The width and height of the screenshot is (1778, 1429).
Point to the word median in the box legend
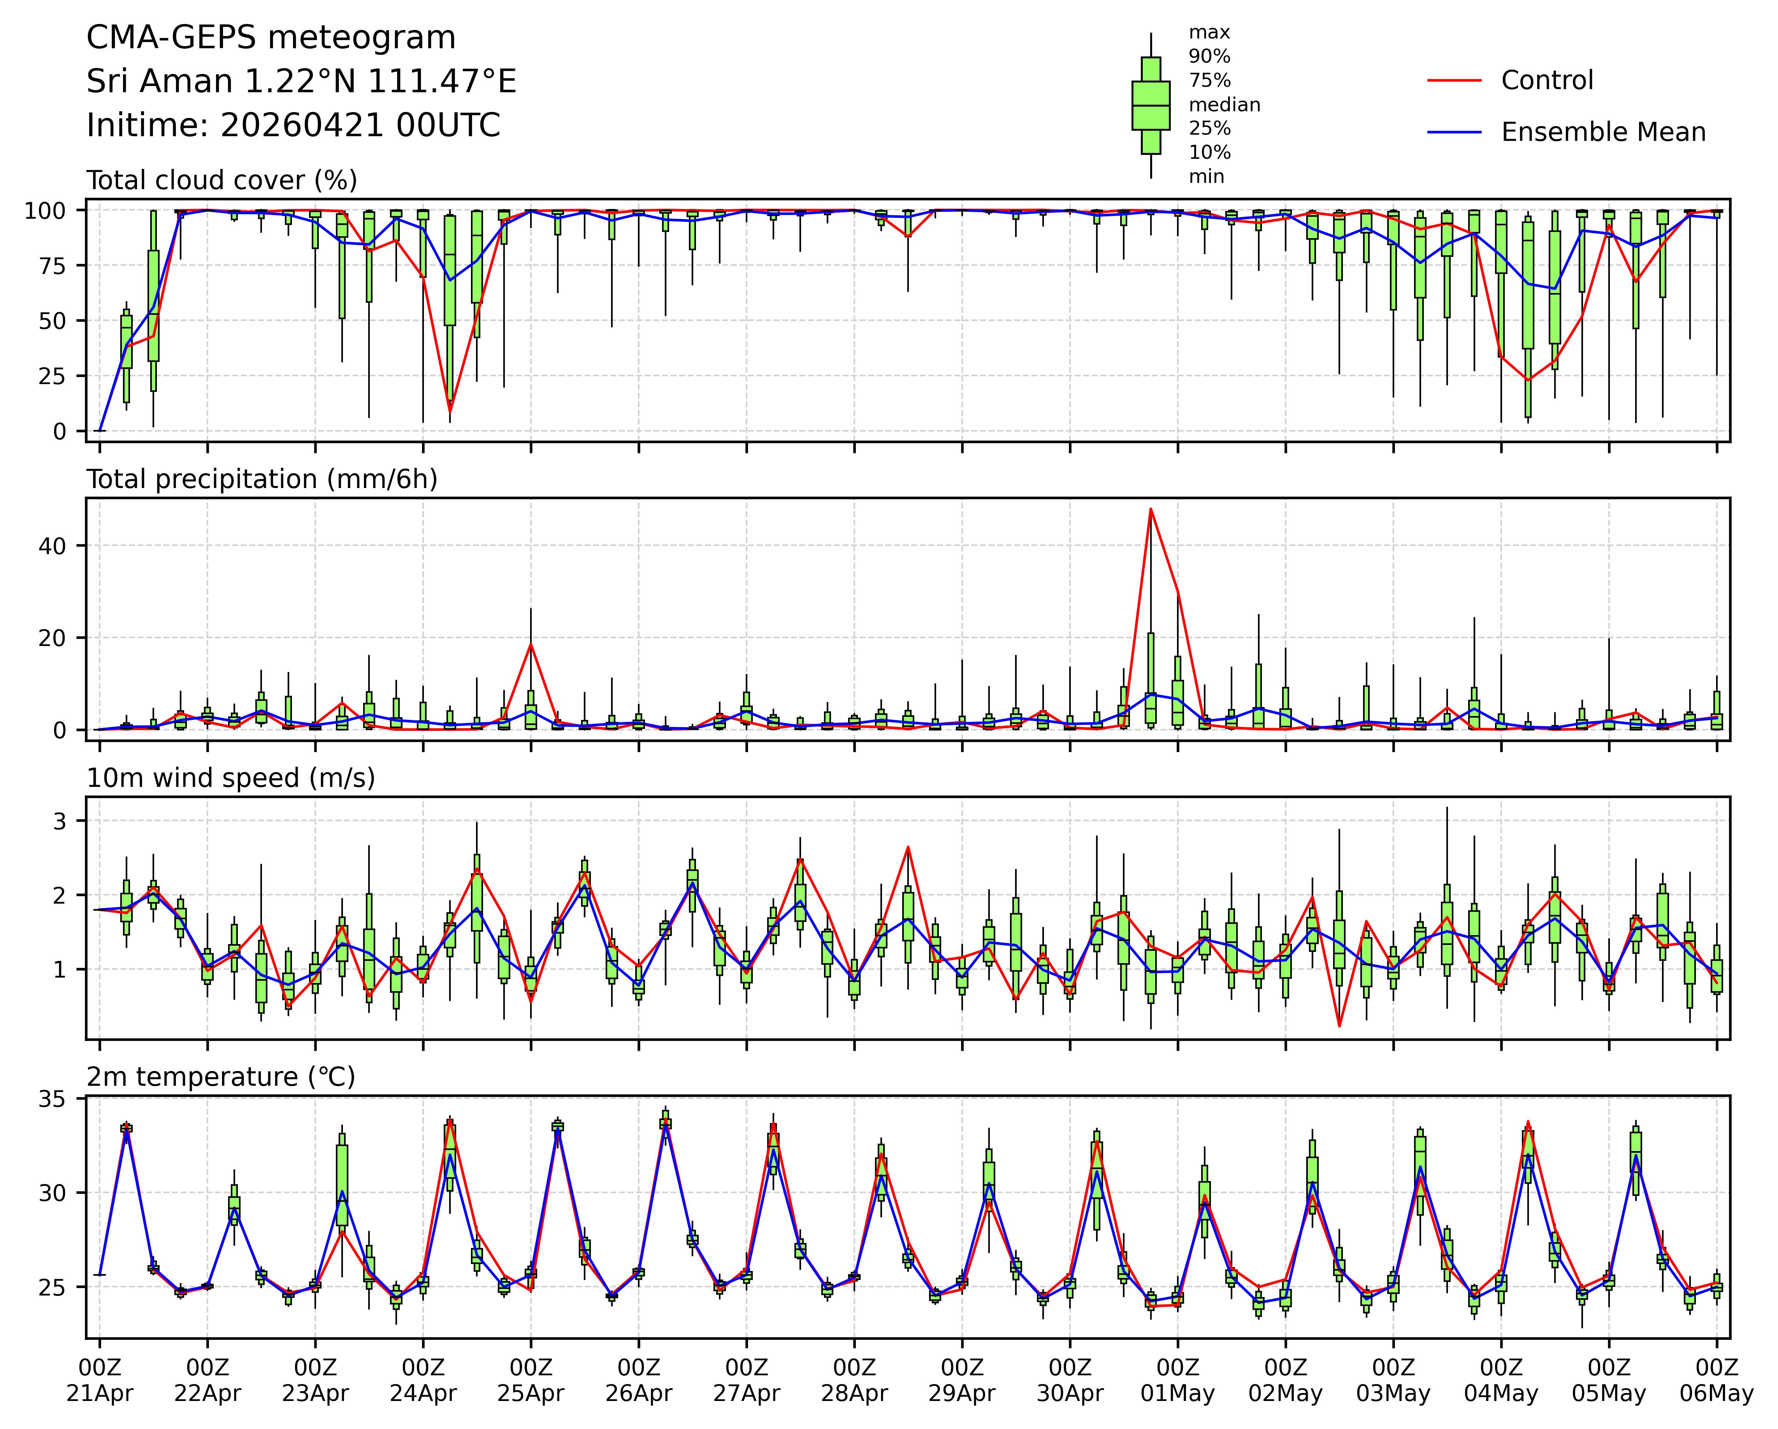[1224, 105]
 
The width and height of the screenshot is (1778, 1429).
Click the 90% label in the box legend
[1209, 57]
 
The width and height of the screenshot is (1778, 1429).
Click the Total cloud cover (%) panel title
[222, 181]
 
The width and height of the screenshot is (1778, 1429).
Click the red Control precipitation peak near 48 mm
[1151, 509]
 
